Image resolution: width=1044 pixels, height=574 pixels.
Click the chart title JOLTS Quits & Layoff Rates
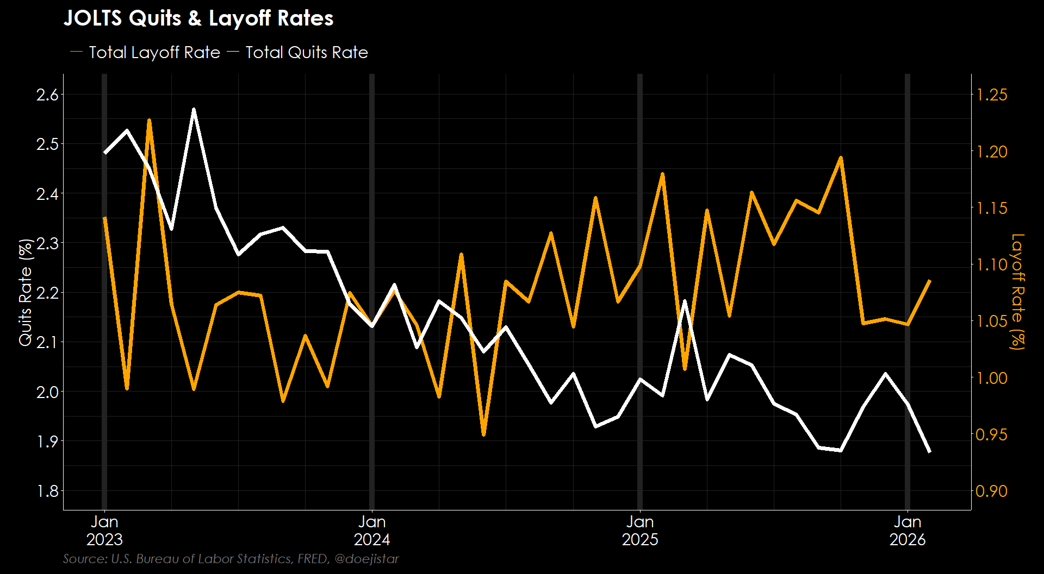(198, 18)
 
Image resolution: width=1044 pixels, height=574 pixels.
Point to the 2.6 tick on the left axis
(47, 95)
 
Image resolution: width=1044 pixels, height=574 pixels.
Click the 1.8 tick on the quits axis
(47, 491)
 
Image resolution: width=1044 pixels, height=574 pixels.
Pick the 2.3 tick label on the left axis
(47, 243)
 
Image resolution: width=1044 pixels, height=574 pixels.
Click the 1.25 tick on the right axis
(992, 95)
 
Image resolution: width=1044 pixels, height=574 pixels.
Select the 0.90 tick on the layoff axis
(992, 491)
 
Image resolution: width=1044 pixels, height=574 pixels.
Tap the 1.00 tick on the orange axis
(992, 378)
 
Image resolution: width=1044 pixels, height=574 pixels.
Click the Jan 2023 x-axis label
(104, 531)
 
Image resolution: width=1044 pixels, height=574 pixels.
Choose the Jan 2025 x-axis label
(640, 531)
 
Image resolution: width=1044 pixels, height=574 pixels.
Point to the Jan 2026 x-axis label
(908, 531)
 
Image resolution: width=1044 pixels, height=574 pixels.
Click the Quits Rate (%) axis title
(26, 292)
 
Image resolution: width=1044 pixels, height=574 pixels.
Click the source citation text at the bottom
(231, 559)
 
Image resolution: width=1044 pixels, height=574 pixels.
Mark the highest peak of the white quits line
(194, 110)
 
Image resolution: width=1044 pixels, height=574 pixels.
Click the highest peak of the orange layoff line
(149, 120)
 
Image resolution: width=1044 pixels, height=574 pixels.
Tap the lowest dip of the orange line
(483, 434)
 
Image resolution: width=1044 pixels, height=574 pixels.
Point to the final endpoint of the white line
(930, 451)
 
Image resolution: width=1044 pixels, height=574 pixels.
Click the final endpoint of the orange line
(930, 280)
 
